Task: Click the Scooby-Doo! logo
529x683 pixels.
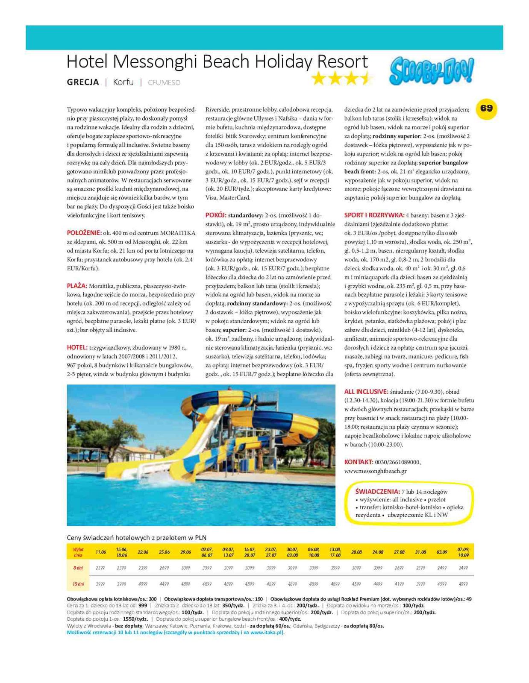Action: tap(431, 70)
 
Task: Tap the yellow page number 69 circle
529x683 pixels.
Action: tap(486, 108)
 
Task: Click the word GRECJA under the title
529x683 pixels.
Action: tap(83, 82)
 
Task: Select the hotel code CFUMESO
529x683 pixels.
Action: tap(164, 83)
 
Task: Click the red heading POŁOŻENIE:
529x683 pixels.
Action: tap(84, 233)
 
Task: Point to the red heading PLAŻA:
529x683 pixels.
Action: tap(77, 286)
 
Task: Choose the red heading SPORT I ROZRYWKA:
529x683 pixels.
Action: tap(374, 215)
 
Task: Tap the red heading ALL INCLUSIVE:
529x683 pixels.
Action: tap(366, 391)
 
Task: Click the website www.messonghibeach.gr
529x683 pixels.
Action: tap(375, 471)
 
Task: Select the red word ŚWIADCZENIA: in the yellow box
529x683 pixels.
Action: tap(377, 491)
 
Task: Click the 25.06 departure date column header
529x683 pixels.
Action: tap(164, 552)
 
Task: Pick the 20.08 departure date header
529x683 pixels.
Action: tap(356, 552)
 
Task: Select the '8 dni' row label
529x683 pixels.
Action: tap(78, 568)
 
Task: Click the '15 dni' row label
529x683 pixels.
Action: tap(78, 584)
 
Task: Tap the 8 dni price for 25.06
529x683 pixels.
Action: tap(164, 568)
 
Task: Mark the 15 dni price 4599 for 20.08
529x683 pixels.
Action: tap(356, 584)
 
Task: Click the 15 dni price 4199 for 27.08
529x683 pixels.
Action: tap(399, 584)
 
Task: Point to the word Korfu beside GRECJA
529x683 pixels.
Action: tap(123, 82)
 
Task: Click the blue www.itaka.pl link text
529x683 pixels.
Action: tap(267, 633)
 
